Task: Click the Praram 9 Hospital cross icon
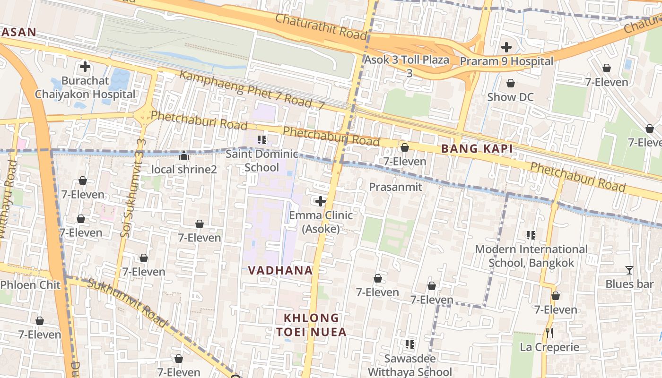[506, 47]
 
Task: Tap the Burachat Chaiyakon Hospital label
[85, 87]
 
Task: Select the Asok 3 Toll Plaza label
[407, 66]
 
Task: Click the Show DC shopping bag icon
[511, 84]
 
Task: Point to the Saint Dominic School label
[262, 161]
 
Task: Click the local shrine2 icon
[184, 155]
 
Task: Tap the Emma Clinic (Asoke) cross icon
[321, 202]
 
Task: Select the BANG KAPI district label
[477, 149]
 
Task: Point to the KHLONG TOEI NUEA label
[312, 325]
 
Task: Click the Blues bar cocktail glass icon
[629, 270]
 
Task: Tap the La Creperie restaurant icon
[549, 333]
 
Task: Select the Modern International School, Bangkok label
[531, 256]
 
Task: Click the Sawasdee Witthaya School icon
[410, 344]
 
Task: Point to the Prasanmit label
[395, 187]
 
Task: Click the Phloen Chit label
[31, 285]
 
